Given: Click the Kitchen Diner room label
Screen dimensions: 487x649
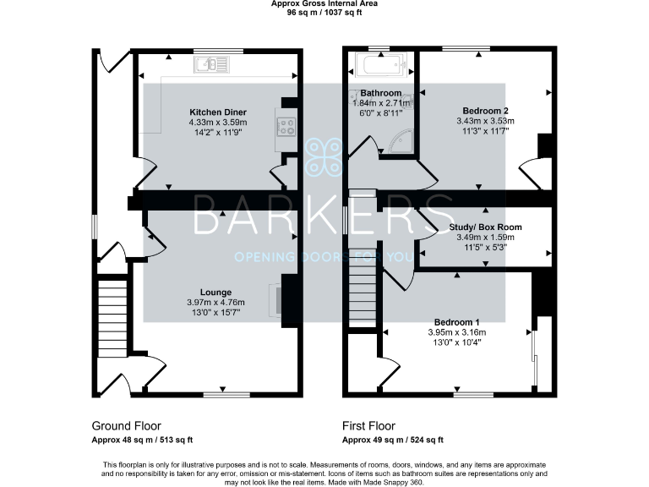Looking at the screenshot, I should click(217, 112).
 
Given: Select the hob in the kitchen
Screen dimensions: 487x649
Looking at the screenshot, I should click(285, 127).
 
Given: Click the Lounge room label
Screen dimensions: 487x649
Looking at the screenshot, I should click(216, 293).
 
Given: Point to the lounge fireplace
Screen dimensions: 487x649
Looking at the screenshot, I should click(276, 298).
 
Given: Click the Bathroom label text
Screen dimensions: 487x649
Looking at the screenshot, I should click(381, 92).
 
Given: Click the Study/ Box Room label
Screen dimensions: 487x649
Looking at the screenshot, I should click(488, 227).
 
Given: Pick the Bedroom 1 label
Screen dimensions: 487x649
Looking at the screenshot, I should click(456, 322).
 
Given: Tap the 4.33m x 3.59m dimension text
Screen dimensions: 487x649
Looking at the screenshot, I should click(217, 122).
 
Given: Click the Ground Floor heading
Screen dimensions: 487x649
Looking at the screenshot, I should click(126, 426).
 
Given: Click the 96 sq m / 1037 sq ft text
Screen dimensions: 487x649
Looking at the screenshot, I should click(324, 13).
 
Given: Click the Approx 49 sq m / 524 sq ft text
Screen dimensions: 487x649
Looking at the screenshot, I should click(392, 440).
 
